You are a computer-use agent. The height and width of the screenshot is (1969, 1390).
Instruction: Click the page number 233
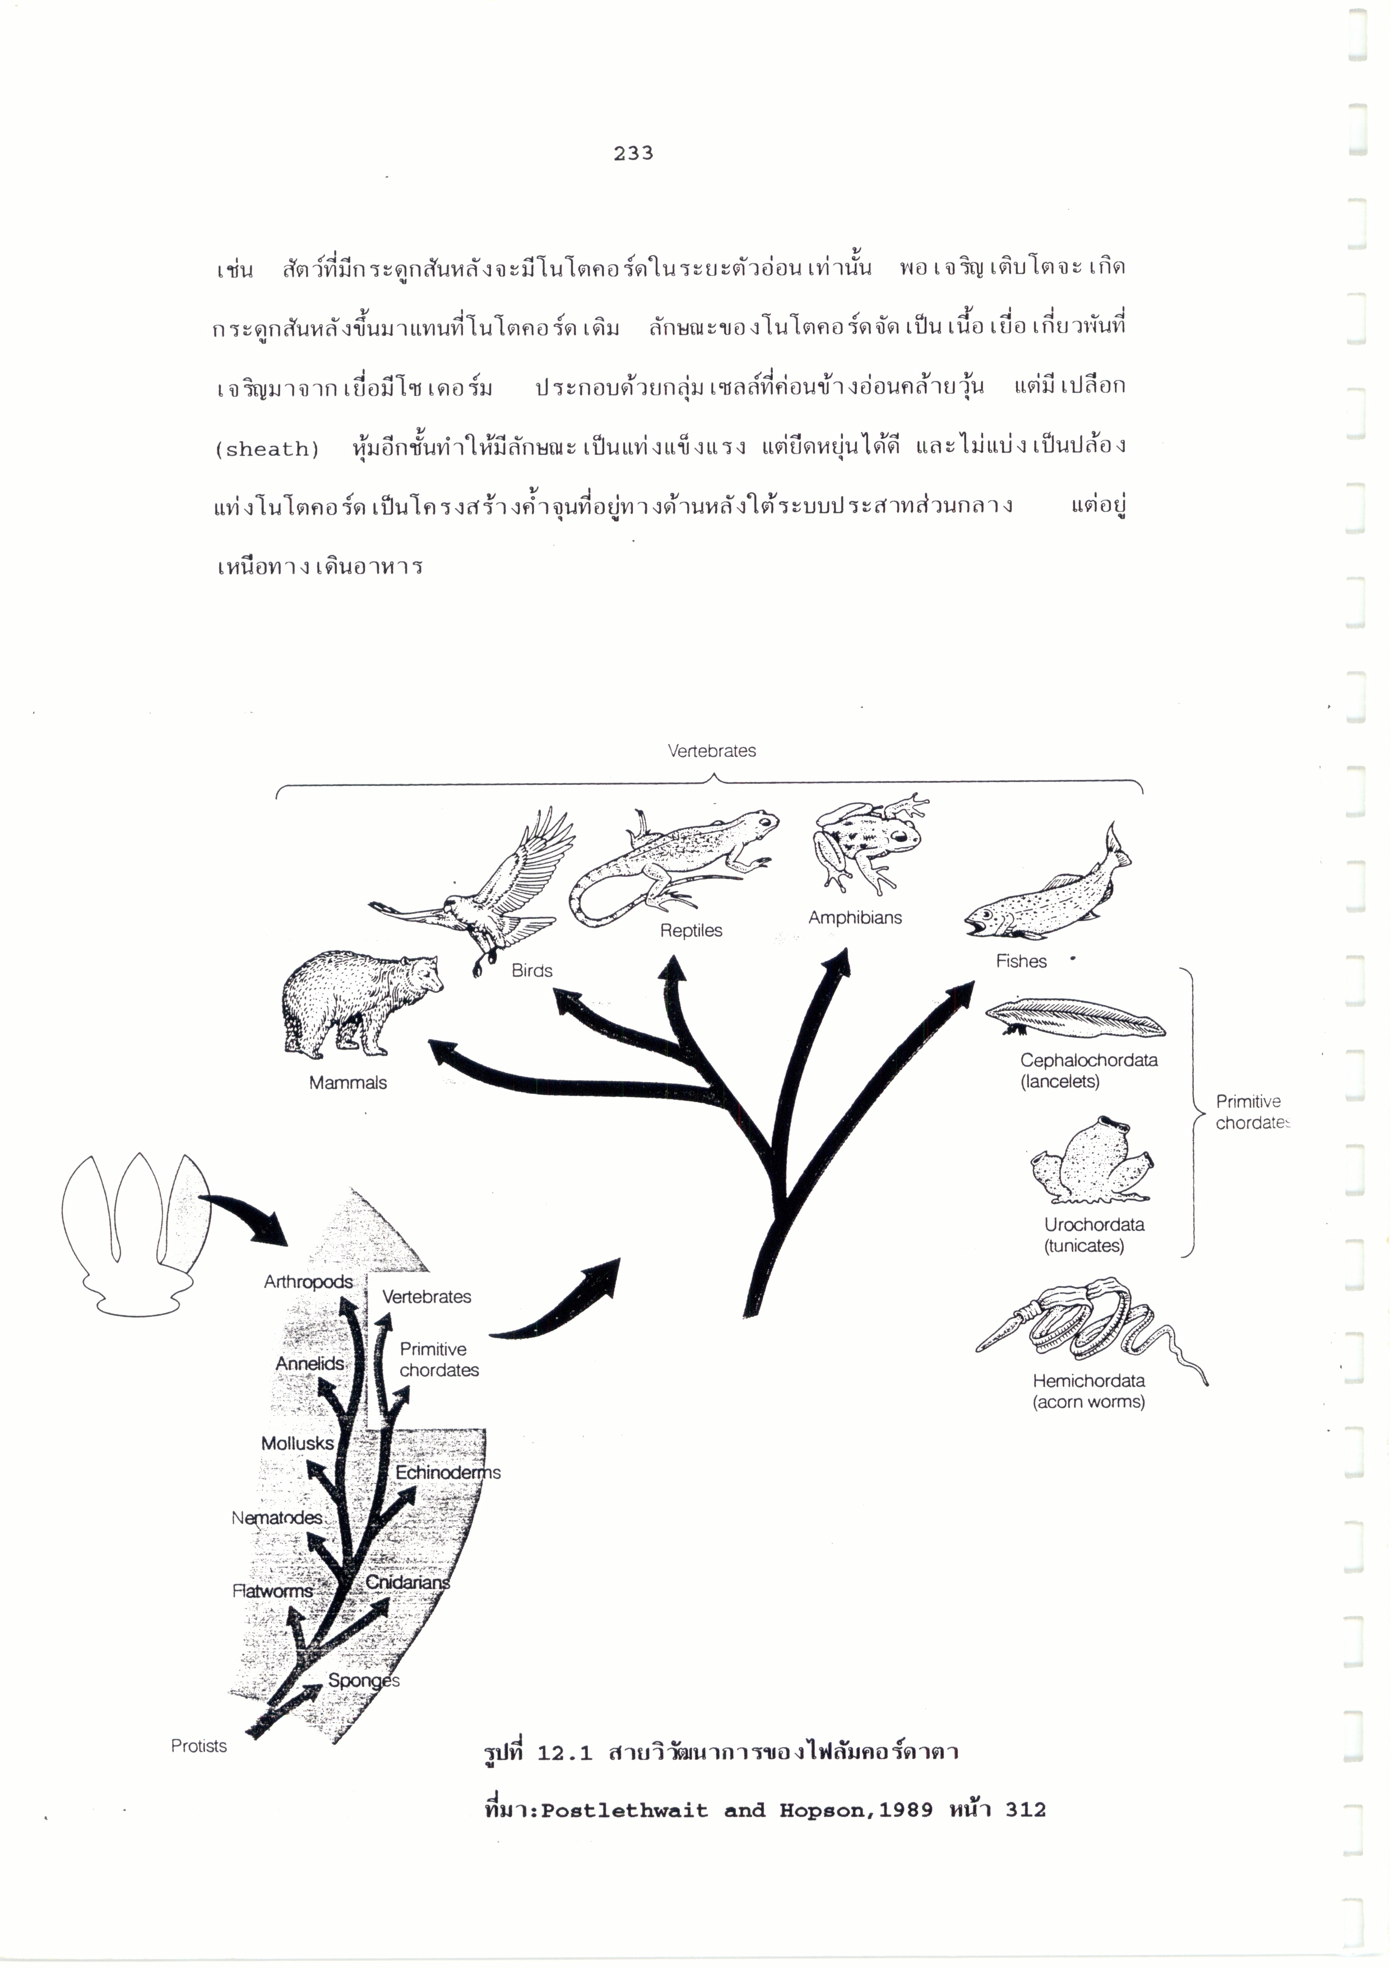633,154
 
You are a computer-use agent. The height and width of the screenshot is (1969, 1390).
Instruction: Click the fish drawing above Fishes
1048,885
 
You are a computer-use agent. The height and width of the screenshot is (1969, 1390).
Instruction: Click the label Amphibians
855,918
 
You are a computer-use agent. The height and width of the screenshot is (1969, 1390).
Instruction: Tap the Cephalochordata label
1088,1060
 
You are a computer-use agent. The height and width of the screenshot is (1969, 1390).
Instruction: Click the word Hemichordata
1088,1381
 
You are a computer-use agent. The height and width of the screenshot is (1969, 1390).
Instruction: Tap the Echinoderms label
448,1472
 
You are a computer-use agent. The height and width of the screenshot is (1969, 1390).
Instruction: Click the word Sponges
364,1680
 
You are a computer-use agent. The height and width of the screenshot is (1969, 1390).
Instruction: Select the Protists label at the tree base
199,1746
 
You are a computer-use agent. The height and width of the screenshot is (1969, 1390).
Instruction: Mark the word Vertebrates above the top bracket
712,751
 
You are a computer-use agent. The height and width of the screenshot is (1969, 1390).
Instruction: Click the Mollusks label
296,1443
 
